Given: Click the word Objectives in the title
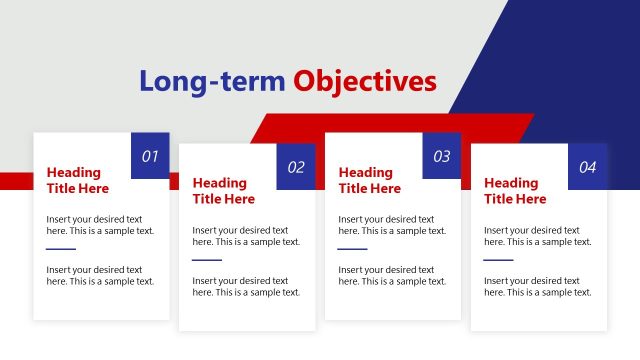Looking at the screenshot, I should (365, 81).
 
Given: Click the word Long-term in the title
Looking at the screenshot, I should (212, 81).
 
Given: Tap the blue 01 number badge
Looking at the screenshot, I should (150, 156).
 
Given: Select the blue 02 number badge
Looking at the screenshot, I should (296, 167).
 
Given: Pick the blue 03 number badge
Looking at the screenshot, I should (441, 156).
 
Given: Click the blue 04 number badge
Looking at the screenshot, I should (587, 167).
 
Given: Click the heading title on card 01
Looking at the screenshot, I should (78, 181).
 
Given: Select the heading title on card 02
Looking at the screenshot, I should (224, 191).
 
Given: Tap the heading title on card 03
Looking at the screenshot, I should (370, 181).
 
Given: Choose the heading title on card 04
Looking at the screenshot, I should (515, 191).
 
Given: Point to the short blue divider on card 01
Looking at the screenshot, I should (61, 249).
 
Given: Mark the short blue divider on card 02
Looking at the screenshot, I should (207, 260).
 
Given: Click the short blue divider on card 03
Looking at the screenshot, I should (352, 249).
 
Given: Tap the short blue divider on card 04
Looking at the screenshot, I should (498, 260).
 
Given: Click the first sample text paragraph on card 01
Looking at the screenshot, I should (100, 225).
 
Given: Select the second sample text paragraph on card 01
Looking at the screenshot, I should (100, 275).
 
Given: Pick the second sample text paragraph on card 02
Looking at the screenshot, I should (246, 286).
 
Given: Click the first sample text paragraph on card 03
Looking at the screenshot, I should (392, 225).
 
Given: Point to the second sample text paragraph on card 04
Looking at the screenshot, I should (538, 286).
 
